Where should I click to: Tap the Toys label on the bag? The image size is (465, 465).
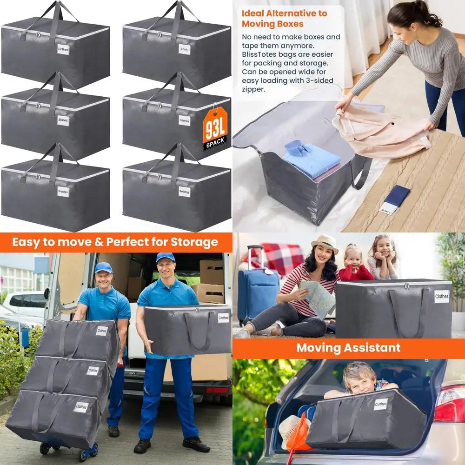pos(185,49)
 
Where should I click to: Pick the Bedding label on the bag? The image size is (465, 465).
pos(184,192)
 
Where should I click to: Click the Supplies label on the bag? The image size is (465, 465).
pos(63,192)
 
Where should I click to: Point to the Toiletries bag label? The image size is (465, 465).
pos(184,121)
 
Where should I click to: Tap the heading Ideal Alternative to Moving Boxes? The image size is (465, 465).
pos(284,18)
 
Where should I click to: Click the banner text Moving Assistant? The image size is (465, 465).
pos(348,348)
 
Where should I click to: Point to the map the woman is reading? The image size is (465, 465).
pos(317,298)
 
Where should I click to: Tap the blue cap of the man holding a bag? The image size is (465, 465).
pos(165,257)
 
